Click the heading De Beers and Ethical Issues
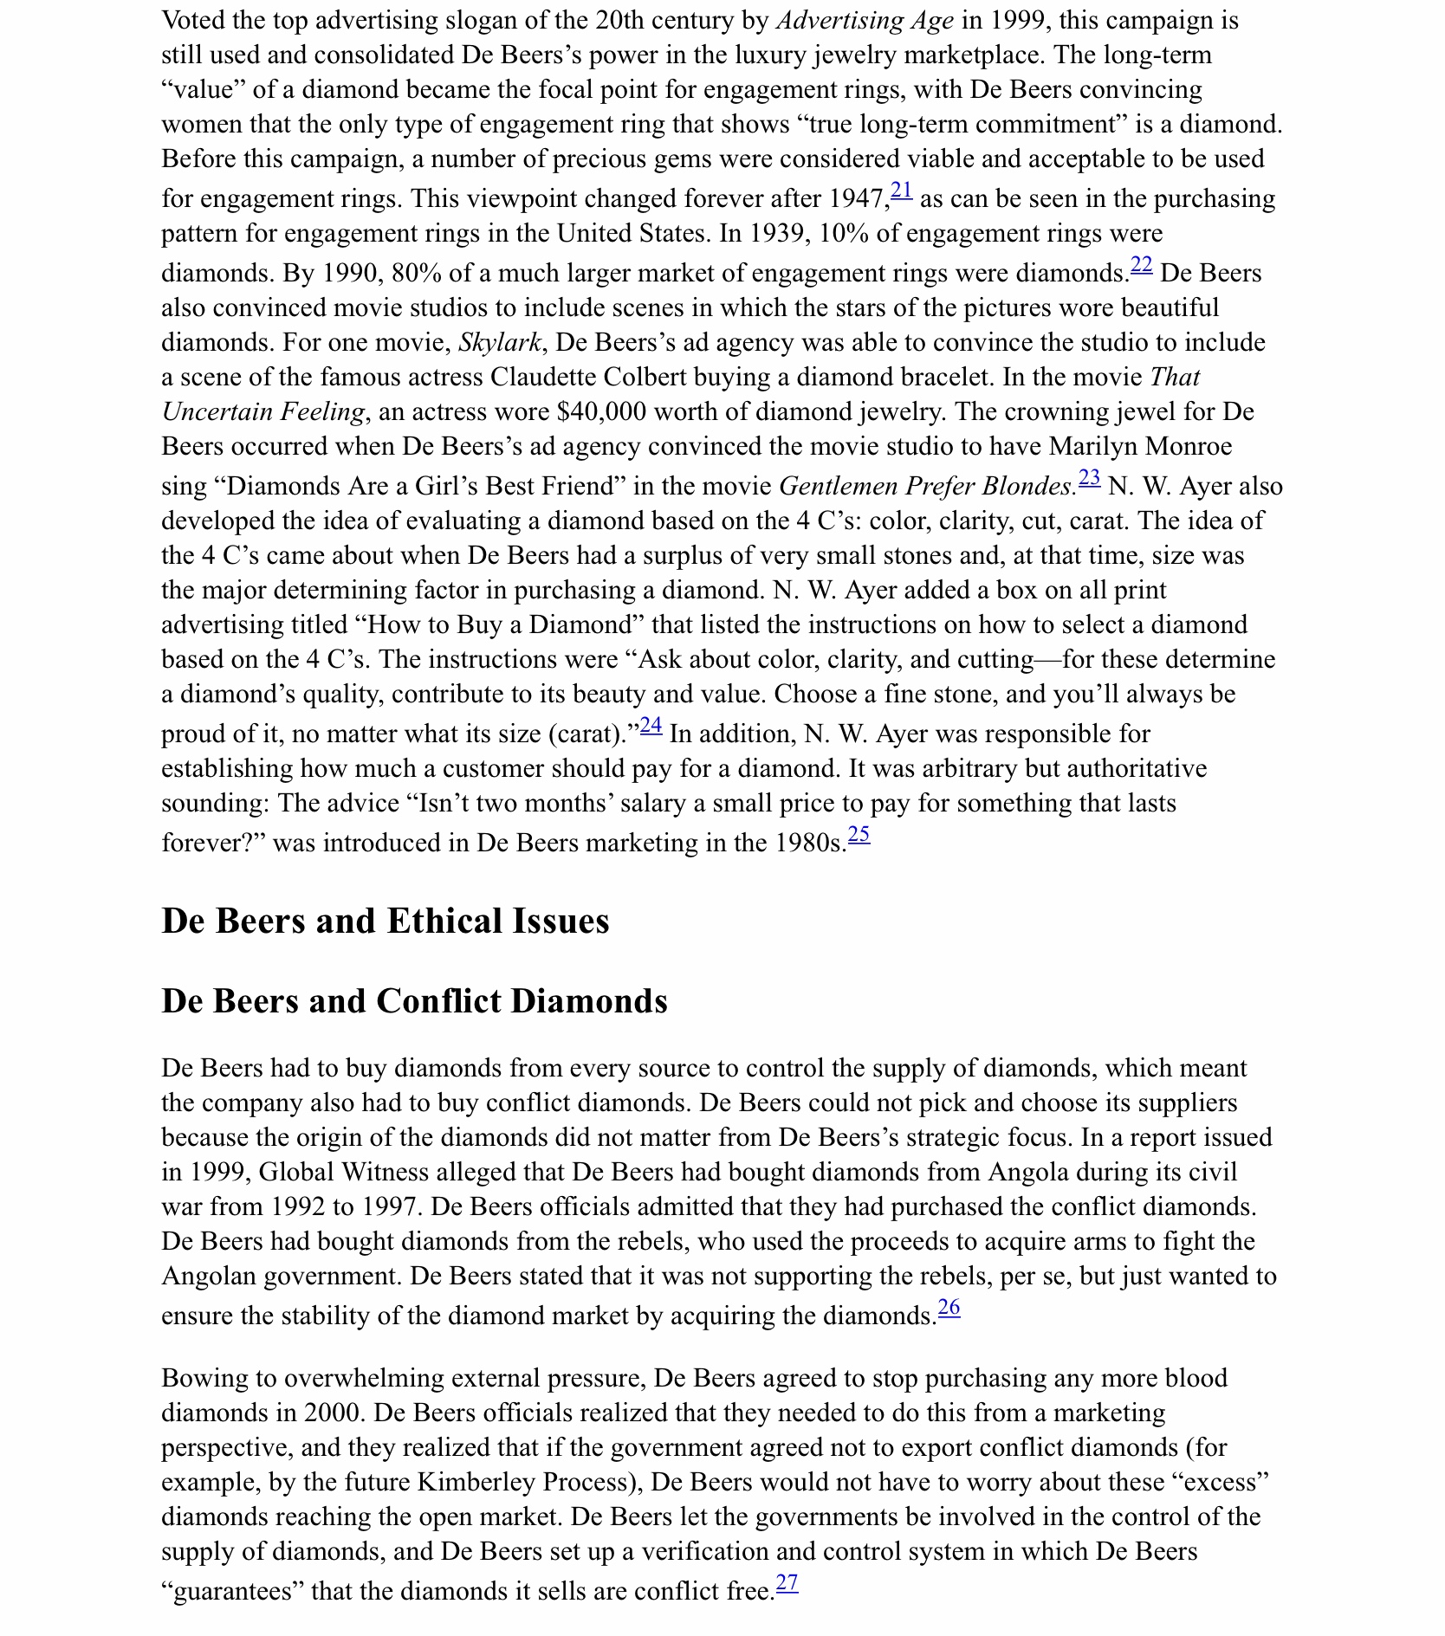click(386, 921)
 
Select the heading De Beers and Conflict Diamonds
click(414, 1002)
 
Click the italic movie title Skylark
click(500, 343)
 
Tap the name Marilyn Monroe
click(1140, 447)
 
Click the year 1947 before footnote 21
click(858, 199)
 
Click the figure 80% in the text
click(417, 274)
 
